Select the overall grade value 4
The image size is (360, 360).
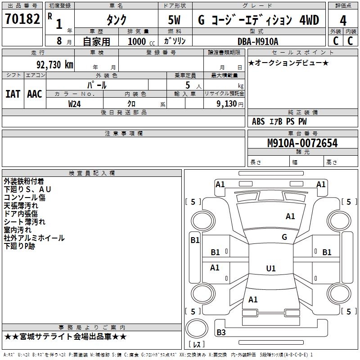tap(343, 21)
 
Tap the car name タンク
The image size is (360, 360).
tap(116, 20)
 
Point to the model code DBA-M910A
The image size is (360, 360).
tap(258, 41)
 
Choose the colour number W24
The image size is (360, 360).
tap(75, 103)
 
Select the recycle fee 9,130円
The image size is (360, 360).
tap(228, 103)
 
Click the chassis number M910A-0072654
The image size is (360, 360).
tap(302, 143)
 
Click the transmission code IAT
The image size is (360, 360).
tap(13, 94)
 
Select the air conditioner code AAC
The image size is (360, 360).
tap(35, 94)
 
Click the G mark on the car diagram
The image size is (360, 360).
tap(284, 237)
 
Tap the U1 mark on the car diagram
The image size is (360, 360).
tap(271, 269)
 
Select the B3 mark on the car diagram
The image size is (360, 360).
tap(221, 333)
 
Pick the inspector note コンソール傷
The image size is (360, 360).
tap(24, 198)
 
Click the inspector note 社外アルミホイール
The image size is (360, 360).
tap(34, 238)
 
